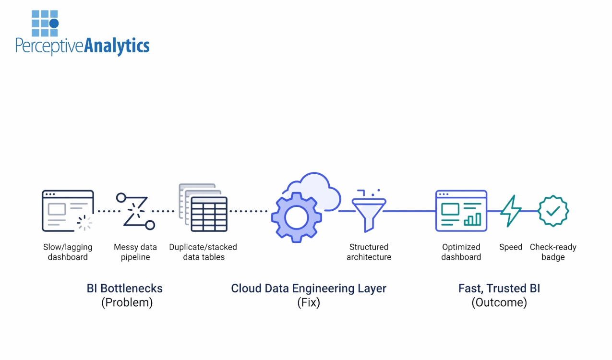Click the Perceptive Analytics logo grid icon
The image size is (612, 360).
pos(45,23)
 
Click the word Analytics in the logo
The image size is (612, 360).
pos(117,46)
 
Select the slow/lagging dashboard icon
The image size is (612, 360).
pos(68,211)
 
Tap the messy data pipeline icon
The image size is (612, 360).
pos(135,210)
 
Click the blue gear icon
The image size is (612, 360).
pos(296,217)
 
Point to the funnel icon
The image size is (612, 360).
pos(368,211)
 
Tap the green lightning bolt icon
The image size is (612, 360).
pos(510,211)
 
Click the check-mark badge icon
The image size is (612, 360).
pos(553,211)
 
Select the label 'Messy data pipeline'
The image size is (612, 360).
pos(135,252)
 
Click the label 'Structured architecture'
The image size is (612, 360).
pos(369,252)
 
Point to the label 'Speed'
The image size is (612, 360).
pos(510,247)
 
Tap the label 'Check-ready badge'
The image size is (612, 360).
pos(553,252)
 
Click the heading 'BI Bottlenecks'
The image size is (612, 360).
pos(125,288)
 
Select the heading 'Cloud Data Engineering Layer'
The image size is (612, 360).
pos(309,288)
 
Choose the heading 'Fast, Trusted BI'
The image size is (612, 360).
pos(499,288)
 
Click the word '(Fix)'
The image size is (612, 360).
pos(309,303)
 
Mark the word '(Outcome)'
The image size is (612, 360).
pos(499,303)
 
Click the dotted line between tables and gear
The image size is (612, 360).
pos(248,211)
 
